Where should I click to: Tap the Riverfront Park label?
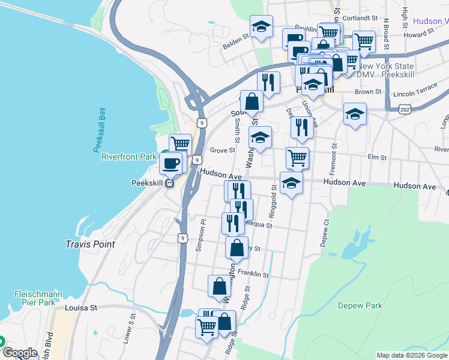click(x=128, y=157)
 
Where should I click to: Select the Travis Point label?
click(x=90, y=245)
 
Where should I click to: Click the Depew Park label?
click(x=360, y=305)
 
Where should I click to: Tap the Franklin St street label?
click(x=253, y=274)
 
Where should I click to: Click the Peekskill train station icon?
click(x=170, y=183)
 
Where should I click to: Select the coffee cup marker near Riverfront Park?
click(x=170, y=164)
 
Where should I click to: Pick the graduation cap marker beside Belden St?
click(x=261, y=27)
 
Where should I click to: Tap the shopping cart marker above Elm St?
click(x=297, y=158)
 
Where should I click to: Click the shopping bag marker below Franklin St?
click(x=219, y=287)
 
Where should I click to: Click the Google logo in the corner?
click(x=19, y=353)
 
